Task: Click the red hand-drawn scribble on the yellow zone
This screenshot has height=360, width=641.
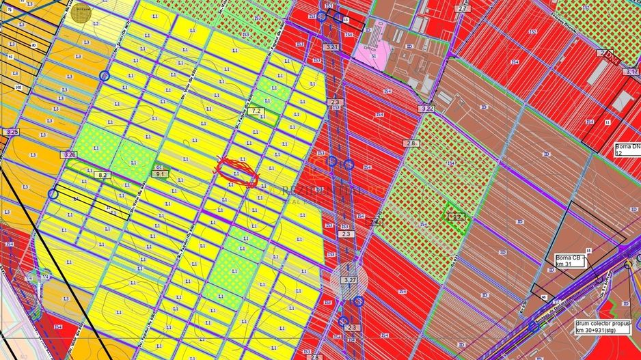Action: [236, 171]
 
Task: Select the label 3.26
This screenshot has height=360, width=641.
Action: [69, 155]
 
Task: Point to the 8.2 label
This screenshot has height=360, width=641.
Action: [103, 175]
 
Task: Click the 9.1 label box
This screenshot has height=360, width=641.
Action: [161, 174]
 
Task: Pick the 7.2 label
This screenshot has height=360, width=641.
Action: [257, 110]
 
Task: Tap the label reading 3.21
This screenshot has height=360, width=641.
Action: [332, 46]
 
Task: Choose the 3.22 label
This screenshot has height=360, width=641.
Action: [428, 108]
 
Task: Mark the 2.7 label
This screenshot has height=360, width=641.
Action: [463, 8]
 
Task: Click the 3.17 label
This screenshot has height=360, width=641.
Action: [631, 71]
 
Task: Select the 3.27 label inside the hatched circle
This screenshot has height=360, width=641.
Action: [351, 280]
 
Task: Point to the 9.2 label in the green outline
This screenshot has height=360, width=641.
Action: [457, 216]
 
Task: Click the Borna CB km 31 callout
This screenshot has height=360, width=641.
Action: [573, 262]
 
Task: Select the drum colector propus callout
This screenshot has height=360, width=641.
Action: [599, 326]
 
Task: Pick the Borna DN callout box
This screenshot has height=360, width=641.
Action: [627, 150]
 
